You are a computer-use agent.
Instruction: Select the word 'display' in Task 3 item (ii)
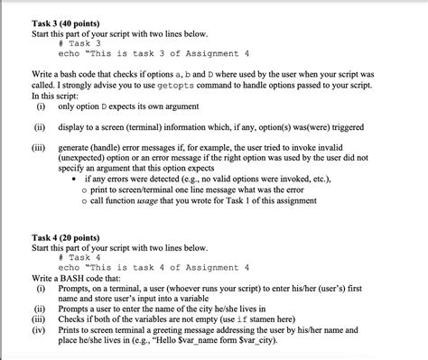pyautogui.click(x=74, y=127)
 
